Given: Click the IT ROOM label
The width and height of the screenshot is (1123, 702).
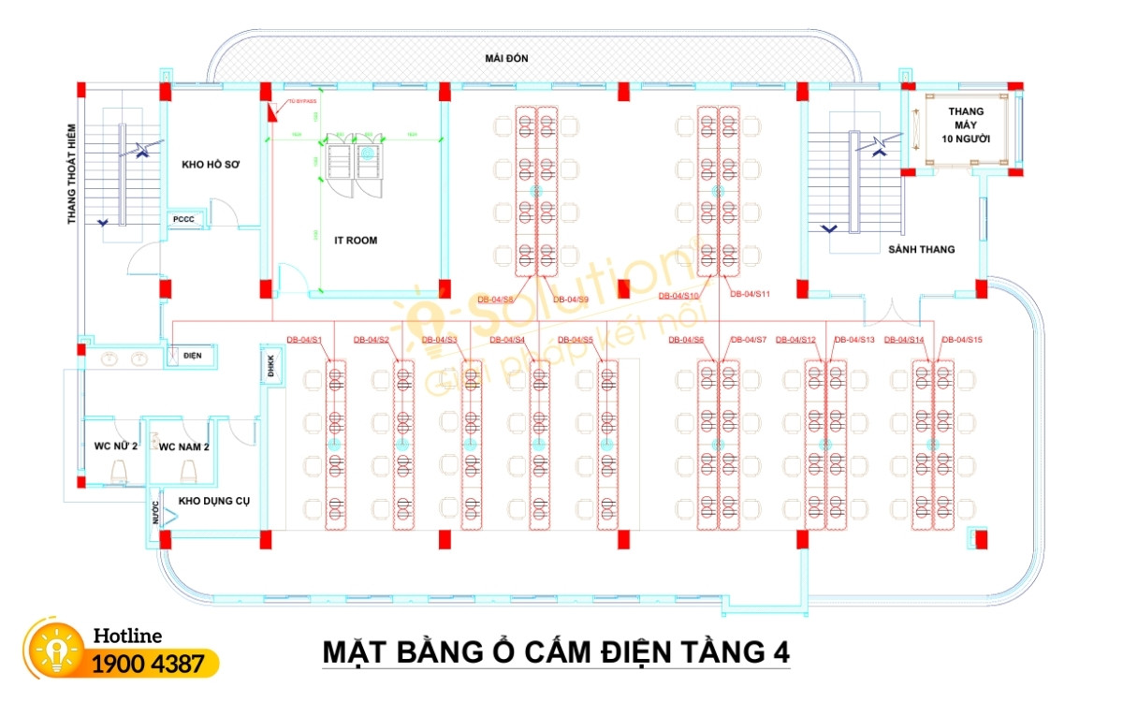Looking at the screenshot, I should (356, 241).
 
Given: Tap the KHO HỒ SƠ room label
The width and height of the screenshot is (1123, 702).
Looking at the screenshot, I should (211, 165).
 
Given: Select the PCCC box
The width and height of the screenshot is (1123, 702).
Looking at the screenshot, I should (182, 220).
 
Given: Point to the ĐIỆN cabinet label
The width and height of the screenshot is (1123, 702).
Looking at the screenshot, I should (193, 356).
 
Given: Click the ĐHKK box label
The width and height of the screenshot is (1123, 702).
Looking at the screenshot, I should (271, 364).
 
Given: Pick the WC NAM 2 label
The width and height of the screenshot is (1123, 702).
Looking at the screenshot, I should (183, 446).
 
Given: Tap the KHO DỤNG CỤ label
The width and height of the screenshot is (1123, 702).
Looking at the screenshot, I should (214, 501).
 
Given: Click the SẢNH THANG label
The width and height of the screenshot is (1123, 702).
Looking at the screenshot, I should (921, 250).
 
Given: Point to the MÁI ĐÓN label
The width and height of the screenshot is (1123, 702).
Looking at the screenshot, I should (506, 59).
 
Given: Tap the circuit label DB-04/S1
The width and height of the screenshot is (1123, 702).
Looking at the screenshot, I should (304, 339).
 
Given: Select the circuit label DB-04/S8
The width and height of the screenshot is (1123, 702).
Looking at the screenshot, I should (495, 300).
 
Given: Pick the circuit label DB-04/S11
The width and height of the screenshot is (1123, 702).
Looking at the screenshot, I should (750, 295).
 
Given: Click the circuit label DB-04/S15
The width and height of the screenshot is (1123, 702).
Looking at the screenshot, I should (961, 339).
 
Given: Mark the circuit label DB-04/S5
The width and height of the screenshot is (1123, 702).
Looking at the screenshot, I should (576, 339).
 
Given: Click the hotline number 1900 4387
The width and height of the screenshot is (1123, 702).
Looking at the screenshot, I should (148, 665).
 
